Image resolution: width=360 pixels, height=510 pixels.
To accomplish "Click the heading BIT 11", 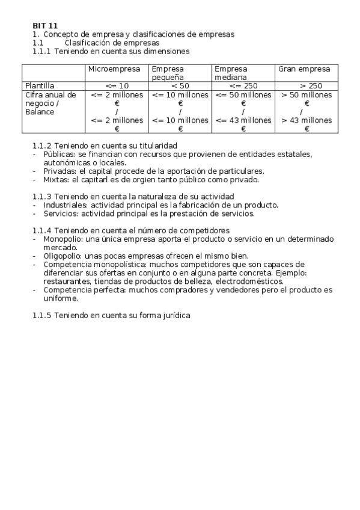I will [x=45, y=26].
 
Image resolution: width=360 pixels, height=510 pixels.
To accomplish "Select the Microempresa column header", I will [x=114, y=69].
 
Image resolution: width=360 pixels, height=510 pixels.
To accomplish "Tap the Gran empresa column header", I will [x=304, y=69].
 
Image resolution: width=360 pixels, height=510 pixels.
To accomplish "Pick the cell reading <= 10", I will [x=117, y=86].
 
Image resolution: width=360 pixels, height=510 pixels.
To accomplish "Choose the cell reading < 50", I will [x=180, y=86].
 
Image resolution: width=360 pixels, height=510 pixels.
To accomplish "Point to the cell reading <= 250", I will [x=243, y=86].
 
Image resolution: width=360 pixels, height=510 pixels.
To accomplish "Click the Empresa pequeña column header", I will [x=168, y=73].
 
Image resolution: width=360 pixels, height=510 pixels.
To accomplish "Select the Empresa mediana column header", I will [x=231, y=73].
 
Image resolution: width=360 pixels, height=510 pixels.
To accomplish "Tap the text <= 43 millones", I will [x=243, y=120].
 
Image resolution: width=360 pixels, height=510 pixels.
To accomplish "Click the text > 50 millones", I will [x=307, y=95].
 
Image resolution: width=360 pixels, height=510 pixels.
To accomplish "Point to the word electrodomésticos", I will [x=246, y=281].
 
